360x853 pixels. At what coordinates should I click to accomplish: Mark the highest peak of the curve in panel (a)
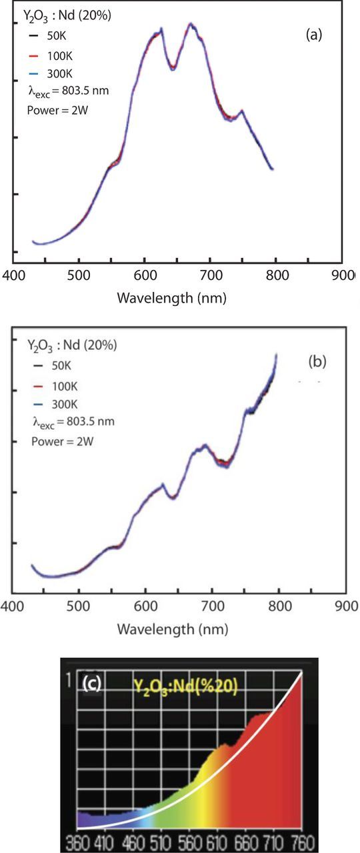pyautogui.click(x=191, y=24)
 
